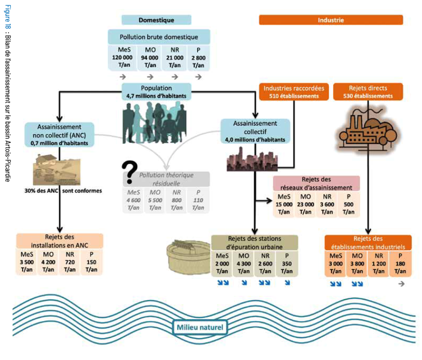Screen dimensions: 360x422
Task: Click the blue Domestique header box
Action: (x=156, y=20)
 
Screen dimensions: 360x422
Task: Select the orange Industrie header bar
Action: (x=330, y=20)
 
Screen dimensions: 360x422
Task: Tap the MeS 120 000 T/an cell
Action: (x=122, y=57)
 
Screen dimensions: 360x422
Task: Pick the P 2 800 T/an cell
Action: (x=198, y=57)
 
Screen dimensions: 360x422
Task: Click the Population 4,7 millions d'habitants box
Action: (x=156, y=91)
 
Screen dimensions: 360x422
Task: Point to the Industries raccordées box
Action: (x=293, y=91)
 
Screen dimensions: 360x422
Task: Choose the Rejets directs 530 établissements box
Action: (x=368, y=91)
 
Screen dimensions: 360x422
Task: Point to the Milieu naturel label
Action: (x=200, y=327)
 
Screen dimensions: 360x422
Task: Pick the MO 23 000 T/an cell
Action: (x=305, y=204)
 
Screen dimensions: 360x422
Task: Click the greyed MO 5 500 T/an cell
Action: (x=155, y=199)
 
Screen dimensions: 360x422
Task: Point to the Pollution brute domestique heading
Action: (x=158, y=37)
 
